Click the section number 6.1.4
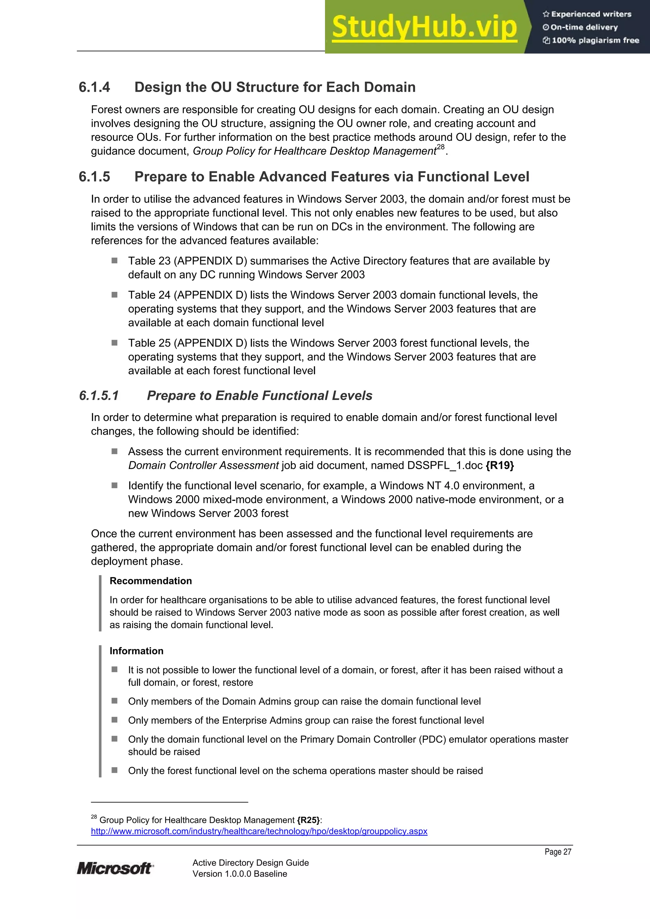pos(95,87)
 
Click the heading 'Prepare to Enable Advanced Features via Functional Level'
pos(332,176)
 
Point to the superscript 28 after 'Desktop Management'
pos(441,147)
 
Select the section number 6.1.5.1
pos(99,396)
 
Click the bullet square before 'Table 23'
pos(115,260)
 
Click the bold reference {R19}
pos(500,465)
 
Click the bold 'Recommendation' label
pos(150,581)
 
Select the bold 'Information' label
pos(136,651)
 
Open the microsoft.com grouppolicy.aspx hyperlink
pos(259,831)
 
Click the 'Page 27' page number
pos(558,852)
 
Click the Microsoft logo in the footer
pos(115,868)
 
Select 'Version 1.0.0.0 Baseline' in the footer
pos(240,874)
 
